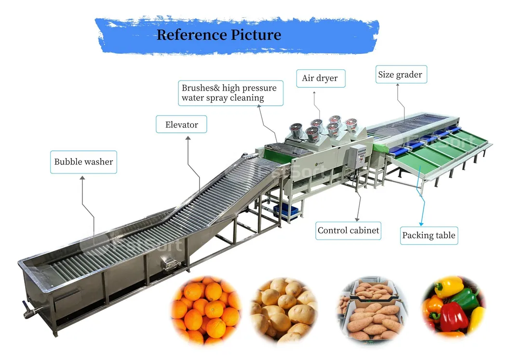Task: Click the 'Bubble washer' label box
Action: click(83, 162)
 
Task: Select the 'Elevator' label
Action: click(181, 124)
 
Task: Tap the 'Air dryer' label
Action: click(321, 78)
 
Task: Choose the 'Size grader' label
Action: click(401, 74)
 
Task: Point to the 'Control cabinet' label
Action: click(348, 231)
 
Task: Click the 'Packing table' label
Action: click(429, 235)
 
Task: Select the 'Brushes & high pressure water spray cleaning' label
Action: click(230, 93)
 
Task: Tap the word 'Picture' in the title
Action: click(256, 35)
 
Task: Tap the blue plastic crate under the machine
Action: click(285, 212)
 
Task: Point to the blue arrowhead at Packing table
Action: click(421, 224)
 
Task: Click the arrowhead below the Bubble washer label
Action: click(82, 178)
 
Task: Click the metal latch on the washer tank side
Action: click(170, 263)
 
